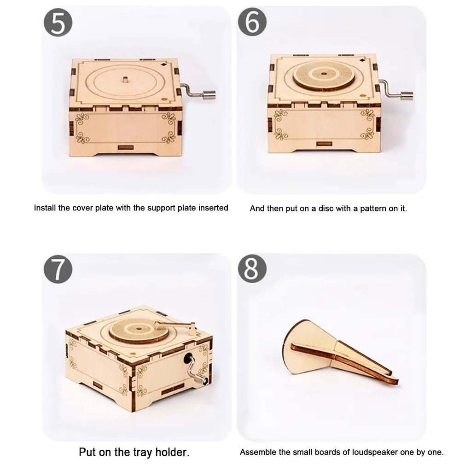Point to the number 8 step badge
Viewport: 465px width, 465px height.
point(251,270)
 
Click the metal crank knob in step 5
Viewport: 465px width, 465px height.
point(211,95)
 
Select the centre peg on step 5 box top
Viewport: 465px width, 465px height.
point(125,80)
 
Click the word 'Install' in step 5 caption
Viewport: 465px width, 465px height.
point(45,208)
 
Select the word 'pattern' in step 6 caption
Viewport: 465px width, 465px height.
point(370,209)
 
